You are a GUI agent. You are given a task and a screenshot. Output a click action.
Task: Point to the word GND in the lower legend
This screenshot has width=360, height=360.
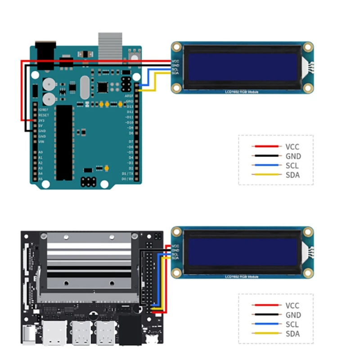coord(293,315)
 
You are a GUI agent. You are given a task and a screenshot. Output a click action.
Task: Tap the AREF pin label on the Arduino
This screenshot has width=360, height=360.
coord(128,96)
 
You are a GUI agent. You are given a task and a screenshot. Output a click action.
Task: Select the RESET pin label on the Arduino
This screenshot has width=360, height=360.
coord(44,115)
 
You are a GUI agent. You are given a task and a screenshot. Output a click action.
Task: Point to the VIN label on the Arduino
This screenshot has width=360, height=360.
coord(41,142)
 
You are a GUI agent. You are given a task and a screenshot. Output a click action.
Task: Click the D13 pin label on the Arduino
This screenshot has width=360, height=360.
coord(130,106)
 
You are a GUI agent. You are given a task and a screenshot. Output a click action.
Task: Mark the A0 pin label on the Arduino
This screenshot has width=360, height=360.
coord(40,153)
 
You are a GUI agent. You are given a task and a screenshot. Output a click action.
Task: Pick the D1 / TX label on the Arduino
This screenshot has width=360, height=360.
coord(127,173)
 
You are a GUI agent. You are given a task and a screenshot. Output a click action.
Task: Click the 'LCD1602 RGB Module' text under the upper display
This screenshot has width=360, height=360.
coord(242,92)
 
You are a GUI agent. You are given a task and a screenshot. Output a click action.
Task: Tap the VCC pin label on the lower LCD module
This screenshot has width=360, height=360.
coord(175,246)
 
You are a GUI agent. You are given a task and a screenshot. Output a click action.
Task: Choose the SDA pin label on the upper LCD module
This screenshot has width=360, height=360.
coord(175,73)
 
